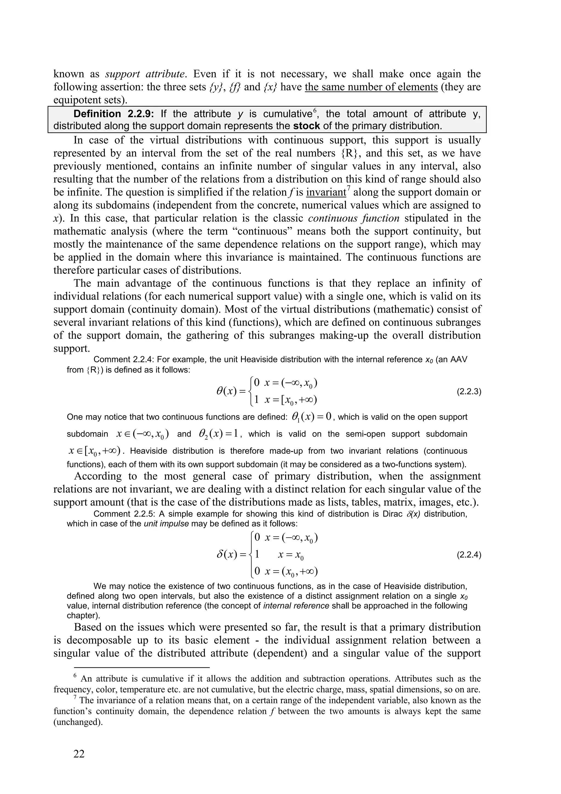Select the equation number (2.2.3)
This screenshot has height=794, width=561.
tap(469, 392)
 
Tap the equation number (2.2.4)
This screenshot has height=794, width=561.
tap(469, 555)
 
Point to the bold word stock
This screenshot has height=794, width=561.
tap(306, 126)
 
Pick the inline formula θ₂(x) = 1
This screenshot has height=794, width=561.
tap(219, 434)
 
